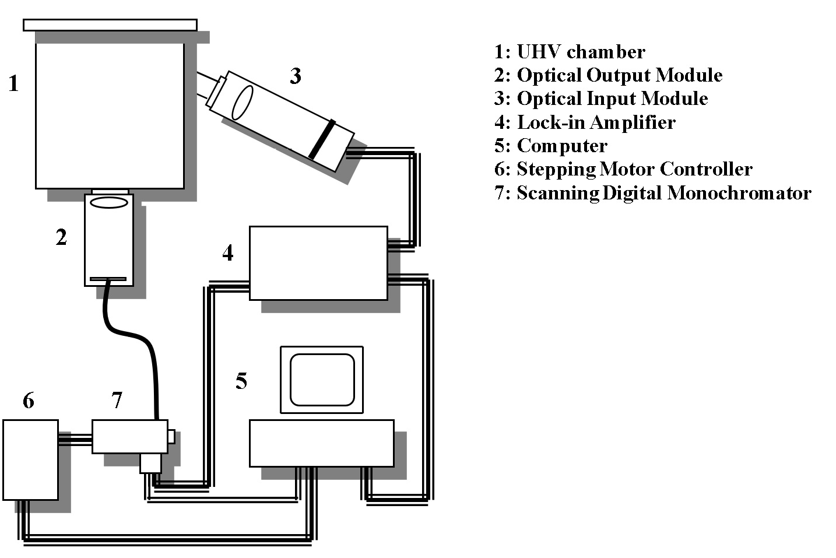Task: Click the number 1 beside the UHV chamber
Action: (x=14, y=83)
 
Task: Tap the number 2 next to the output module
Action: (x=62, y=237)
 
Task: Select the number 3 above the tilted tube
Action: (x=296, y=76)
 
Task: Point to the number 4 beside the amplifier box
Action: (x=228, y=252)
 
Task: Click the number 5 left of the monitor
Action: (x=241, y=381)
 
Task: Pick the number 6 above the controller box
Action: (x=29, y=401)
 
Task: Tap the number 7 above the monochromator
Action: (x=117, y=400)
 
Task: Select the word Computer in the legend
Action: (x=562, y=146)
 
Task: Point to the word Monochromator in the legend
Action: (x=739, y=193)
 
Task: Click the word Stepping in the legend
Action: (x=556, y=170)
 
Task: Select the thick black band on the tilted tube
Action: (x=322, y=139)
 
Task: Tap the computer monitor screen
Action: (x=322, y=380)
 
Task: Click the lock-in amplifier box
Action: (x=318, y=263)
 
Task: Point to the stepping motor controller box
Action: (x=30, y=460)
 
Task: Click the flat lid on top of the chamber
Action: (x=110, y=25)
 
